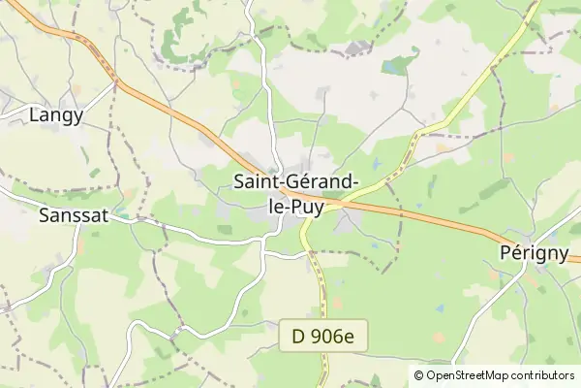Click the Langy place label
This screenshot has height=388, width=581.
pyautogui.click(x=56, y=115)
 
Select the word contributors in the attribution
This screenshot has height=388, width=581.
pyautogui.click(x=544, y=375)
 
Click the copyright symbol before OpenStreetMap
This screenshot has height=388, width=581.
pyautogui.click(x=419, y=375)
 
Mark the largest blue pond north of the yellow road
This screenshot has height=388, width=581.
pyautogui.click(x=396, y=67)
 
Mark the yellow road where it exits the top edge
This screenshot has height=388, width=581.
pyautogui.click(x=536, y=3)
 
